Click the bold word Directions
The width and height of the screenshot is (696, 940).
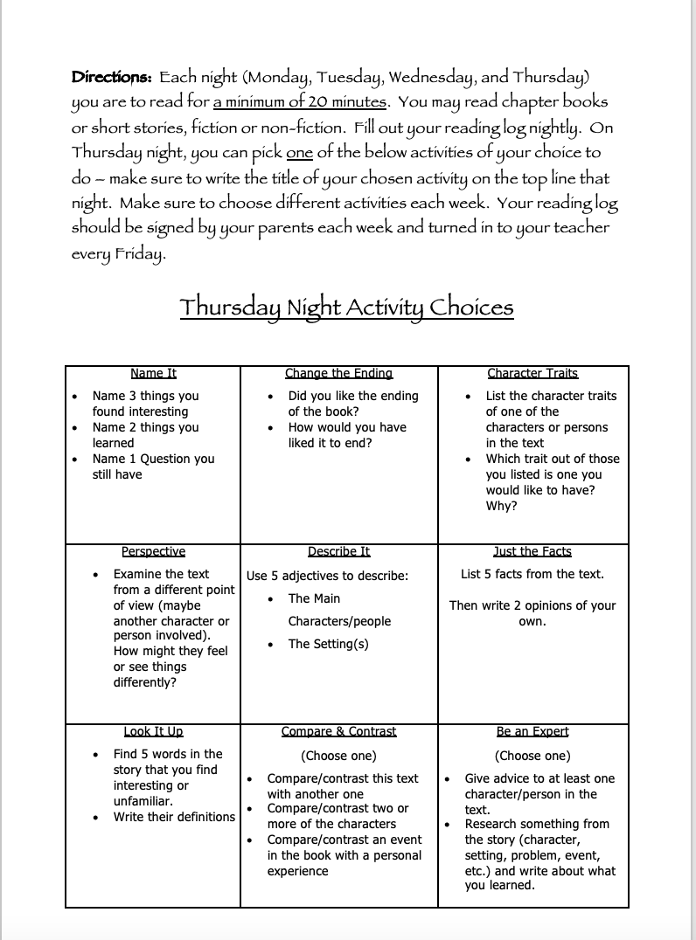coord(112,77)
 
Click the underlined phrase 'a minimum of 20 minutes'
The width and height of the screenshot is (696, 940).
coord(299,102)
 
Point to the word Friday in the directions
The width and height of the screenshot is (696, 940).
coord(137,254)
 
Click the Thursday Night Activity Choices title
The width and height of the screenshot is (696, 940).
coord(346,308)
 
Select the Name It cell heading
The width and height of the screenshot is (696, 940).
coord(153,374)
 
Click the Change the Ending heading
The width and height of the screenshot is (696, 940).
coord(338,374)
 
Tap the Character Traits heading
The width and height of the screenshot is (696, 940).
coord(532,374)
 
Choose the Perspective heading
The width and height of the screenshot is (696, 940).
coord(153,552)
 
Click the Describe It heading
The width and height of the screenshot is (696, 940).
coord(338,552)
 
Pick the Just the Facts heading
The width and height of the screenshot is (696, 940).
coord(532,552)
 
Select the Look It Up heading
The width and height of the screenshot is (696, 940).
coord(153,732)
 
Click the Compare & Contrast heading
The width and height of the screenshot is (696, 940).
coord(338,732)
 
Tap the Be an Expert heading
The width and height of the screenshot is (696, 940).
coord(532,732)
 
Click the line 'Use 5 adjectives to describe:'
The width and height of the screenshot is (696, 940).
coord(327,577)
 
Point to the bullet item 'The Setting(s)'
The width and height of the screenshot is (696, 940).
coord(328,645)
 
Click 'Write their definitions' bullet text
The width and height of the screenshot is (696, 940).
coord(174,818)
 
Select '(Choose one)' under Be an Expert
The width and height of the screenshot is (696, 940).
coord(532,757)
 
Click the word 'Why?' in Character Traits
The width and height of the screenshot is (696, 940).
coord(501,507)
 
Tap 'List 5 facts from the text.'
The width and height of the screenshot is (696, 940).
coord(532,575)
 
